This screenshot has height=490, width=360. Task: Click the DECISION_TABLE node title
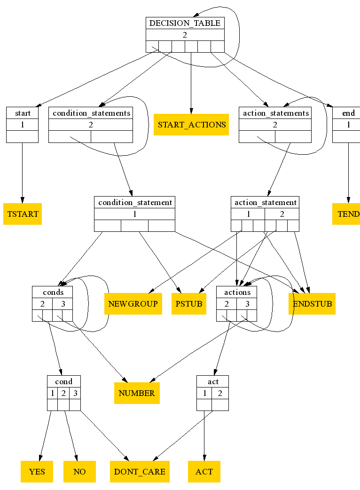click(x=184, y=23)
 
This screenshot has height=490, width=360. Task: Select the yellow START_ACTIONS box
click(x=191, y=125)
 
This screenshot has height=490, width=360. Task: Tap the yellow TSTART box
click(x=23, y=214)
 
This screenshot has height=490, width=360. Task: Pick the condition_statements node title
click(x=91, y=113)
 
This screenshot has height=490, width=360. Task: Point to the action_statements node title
click(x=275, y=113)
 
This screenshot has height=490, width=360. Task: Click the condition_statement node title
click(x=135, y=202)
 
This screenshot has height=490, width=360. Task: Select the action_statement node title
click(x=265, y=202)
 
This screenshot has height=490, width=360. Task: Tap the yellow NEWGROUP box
click(x=133, y=303)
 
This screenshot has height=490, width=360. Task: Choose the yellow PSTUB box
click(x=189, y=303)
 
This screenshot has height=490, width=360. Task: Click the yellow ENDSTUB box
click(x=312, y=303)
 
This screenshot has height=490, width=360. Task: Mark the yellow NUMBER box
click(x=137, y=393)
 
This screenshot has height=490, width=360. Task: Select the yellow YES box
click(x=37, y=471)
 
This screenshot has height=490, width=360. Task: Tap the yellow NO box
click(x=79, y=471)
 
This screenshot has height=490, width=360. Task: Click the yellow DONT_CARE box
click(x=140, y=471)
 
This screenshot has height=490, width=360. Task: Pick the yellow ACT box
click(x=204, y=471)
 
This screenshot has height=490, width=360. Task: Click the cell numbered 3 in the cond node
click(x=75, y=393)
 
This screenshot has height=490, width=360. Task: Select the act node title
click(x=213, y=381)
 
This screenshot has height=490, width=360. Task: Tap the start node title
click(x=23, y=113)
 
